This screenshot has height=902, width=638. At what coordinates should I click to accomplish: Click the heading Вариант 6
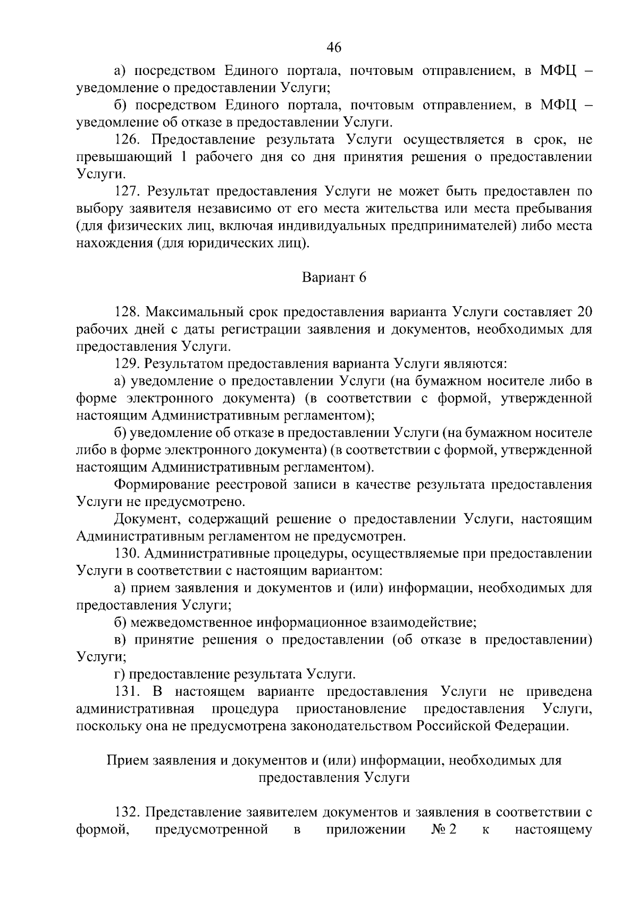334,277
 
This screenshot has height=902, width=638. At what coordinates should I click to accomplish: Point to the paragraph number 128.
129,312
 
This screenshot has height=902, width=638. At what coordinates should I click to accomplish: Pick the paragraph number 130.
127,553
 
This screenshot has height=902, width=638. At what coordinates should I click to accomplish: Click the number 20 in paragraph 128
584,312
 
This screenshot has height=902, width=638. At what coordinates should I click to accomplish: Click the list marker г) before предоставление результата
120,675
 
